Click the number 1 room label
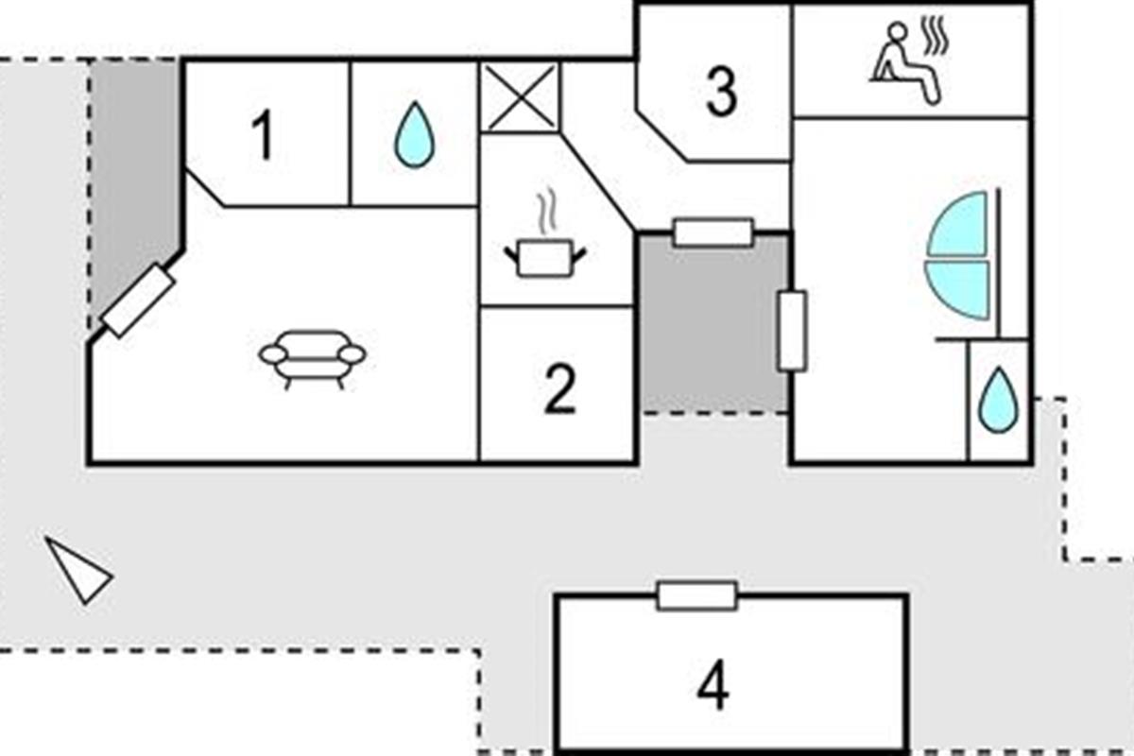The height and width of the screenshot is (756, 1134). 264,136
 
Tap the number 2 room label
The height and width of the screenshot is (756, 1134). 559,390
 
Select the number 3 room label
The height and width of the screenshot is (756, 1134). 721,93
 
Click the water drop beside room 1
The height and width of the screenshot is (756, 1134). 414,135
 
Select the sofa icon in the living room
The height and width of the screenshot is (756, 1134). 312,357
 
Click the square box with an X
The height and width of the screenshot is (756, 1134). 520,96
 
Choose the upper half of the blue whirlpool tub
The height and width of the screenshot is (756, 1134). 958,225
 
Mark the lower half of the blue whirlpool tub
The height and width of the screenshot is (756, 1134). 958,288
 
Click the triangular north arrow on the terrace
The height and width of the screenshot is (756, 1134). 78,570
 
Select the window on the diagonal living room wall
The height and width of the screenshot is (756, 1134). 139,301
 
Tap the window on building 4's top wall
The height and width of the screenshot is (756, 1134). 696,595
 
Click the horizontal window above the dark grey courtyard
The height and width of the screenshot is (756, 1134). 713,232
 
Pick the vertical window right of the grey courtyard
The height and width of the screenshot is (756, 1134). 791,331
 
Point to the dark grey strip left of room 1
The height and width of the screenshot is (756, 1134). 132,180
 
